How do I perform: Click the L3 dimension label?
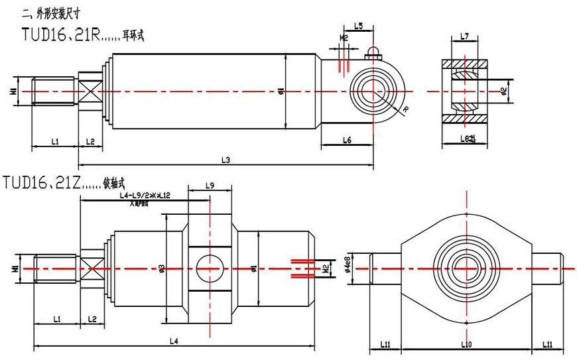[x=225, y=160]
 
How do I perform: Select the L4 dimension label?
[x=174, y=341]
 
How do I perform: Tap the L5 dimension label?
[x=358, y=26]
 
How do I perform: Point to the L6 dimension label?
[x=347, y=140]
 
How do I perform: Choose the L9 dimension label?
[x=210, y=186]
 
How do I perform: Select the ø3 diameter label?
[x=162, y=268]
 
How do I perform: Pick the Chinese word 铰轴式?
[x=115, y=182]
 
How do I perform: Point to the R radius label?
[x=405, y=109]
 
